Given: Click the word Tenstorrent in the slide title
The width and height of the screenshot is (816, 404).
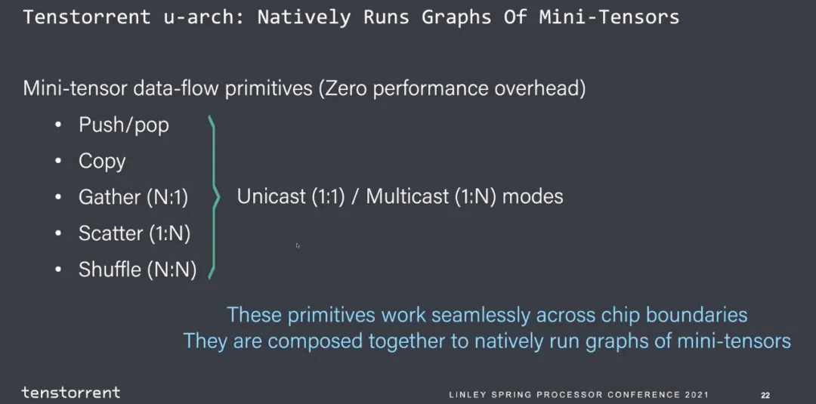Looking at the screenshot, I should pos(87,17).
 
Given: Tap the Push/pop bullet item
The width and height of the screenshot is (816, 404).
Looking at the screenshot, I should pos(123,125).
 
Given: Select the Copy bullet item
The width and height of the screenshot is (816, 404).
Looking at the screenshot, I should pos(102,162).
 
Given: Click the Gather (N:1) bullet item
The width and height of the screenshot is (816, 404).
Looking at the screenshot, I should pos(133,198).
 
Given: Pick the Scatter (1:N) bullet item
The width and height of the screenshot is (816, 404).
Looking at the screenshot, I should pos(134,234).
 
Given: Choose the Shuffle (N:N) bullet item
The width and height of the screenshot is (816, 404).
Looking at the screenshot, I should pos(137,270).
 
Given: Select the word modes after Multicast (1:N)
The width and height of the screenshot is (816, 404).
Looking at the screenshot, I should pos(533,197).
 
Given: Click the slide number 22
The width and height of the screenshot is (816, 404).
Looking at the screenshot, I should pos(765,396).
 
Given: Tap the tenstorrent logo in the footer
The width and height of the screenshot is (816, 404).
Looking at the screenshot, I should pos(70,393).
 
